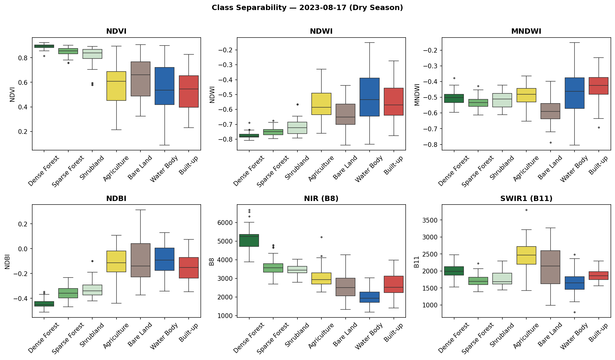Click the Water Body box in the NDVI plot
coord(164,86)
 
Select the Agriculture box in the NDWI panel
coord(321,104)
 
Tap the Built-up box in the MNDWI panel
coord(598,86)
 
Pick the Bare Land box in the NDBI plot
coord(140,260)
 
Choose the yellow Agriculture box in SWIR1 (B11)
coord(526,255)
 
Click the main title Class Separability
coord(307,8)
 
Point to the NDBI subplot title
coord(116,199)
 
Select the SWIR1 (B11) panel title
coord(526,199)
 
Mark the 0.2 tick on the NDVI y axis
coord(23,132)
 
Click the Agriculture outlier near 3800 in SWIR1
coord(526,210)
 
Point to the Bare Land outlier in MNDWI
coord(550,142)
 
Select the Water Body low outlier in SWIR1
coord(574,312)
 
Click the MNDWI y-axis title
coord(417,95)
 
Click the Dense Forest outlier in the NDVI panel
coord(44,56)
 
